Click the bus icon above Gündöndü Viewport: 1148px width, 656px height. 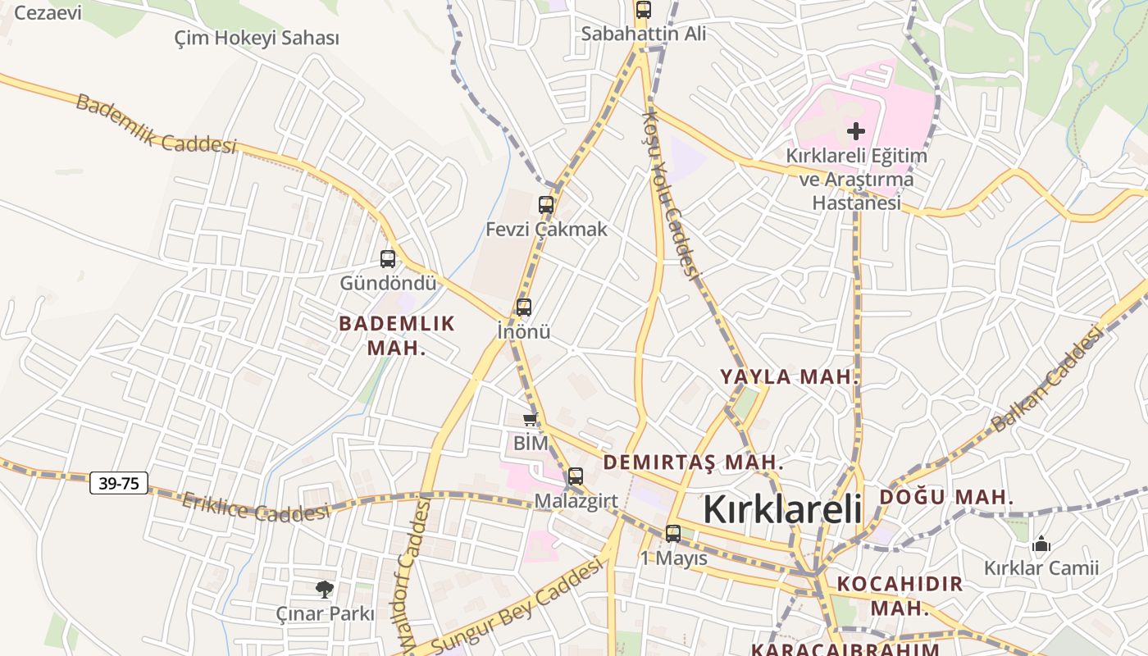click(388, 259)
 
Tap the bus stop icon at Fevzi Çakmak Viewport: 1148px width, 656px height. click(546, 205)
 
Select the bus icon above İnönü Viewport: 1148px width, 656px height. click(524, 307)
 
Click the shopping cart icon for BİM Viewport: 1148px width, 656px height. click(531, 420)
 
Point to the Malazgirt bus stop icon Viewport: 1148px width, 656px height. click(576, 476)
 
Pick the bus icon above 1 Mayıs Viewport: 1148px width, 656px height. click(673, 533)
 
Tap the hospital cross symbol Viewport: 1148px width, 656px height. click(856, 131)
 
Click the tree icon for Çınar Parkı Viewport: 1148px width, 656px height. click(325, 588)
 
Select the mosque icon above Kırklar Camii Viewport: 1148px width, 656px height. click(1041, 543)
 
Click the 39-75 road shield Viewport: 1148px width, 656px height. click(119, 483)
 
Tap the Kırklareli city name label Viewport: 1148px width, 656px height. click(782, 509)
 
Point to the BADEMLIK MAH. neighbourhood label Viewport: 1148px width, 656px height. click(397, 335)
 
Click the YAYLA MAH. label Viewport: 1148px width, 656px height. click(790, 377)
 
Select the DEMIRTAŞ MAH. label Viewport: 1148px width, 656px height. click(694, 462)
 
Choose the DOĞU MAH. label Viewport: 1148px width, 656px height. click(946, 497)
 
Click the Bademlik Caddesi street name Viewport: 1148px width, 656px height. click(156, 124)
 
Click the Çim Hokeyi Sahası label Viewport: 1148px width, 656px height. click(257, 38)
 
